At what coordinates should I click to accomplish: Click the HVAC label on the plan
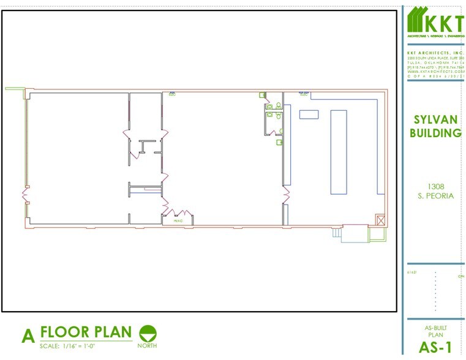179,220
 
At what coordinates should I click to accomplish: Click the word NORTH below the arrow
147,346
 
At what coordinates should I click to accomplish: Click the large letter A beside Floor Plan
28,337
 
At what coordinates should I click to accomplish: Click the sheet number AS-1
435,347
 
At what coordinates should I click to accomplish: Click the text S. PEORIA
435,196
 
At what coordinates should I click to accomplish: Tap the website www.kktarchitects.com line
435,71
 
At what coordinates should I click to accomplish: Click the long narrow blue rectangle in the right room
339,151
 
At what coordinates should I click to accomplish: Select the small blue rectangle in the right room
309,114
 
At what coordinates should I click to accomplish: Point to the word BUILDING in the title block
435,133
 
